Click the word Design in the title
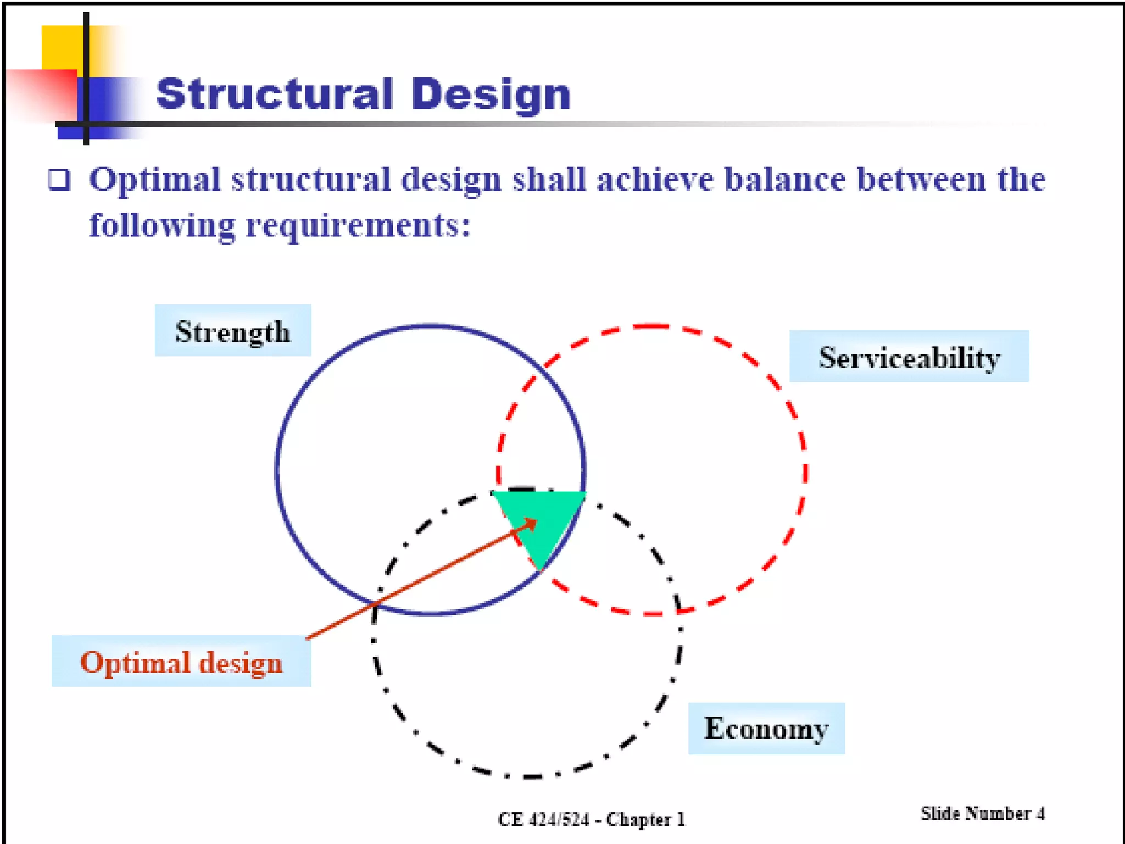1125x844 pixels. pos(491,95)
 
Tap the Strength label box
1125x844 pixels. pos(233,331)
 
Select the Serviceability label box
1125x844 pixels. pos(909,357)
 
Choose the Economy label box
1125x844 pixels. pos(766,729)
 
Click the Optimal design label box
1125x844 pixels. pos(181,662)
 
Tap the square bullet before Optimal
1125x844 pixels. pos(59,180)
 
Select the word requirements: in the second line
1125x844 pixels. pos(358,225)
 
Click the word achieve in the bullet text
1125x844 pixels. pos(655,180)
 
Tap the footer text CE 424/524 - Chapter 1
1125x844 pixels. pos(592,819)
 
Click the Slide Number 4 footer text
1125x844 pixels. pos(983,814)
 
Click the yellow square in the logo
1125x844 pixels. pos(62,47)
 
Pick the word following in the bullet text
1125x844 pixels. pos(163,225)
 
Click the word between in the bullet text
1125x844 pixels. pos(921,180)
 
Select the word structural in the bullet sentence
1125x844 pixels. pos(310,180)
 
